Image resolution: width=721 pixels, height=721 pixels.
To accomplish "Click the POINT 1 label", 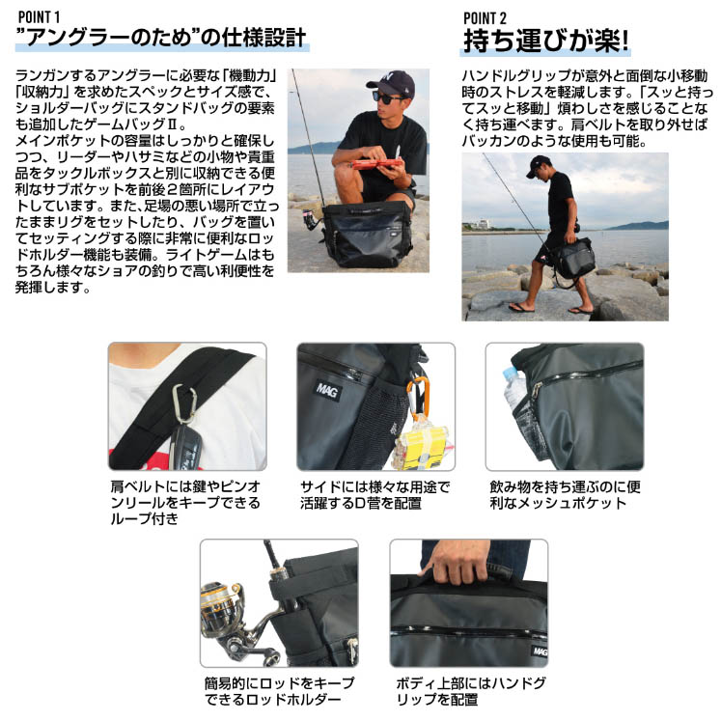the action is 39,17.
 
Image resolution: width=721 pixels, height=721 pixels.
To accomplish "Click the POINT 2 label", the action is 485,18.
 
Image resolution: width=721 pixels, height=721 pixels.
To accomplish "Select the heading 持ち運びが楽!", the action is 545,41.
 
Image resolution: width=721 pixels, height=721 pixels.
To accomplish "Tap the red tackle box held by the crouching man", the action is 376,164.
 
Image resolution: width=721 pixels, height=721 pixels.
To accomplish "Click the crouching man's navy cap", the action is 391,83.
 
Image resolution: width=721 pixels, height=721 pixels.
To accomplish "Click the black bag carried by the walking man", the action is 573,258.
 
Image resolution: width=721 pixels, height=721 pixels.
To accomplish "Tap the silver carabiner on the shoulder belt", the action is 184,403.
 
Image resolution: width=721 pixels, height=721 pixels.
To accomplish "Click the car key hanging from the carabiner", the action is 185,446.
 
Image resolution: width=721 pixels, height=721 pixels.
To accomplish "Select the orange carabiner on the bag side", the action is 418,398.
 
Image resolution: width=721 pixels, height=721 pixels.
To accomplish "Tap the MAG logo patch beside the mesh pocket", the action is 327,391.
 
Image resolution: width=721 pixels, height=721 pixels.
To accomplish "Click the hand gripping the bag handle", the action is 456,562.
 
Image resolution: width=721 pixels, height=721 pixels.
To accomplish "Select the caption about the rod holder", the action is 280,691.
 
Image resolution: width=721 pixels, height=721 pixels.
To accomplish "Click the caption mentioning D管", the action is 374,495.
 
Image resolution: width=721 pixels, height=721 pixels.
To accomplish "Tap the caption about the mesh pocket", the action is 565,495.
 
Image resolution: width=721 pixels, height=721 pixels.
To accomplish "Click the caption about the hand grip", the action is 471,691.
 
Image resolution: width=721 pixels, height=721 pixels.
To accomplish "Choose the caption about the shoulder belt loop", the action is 185,503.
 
